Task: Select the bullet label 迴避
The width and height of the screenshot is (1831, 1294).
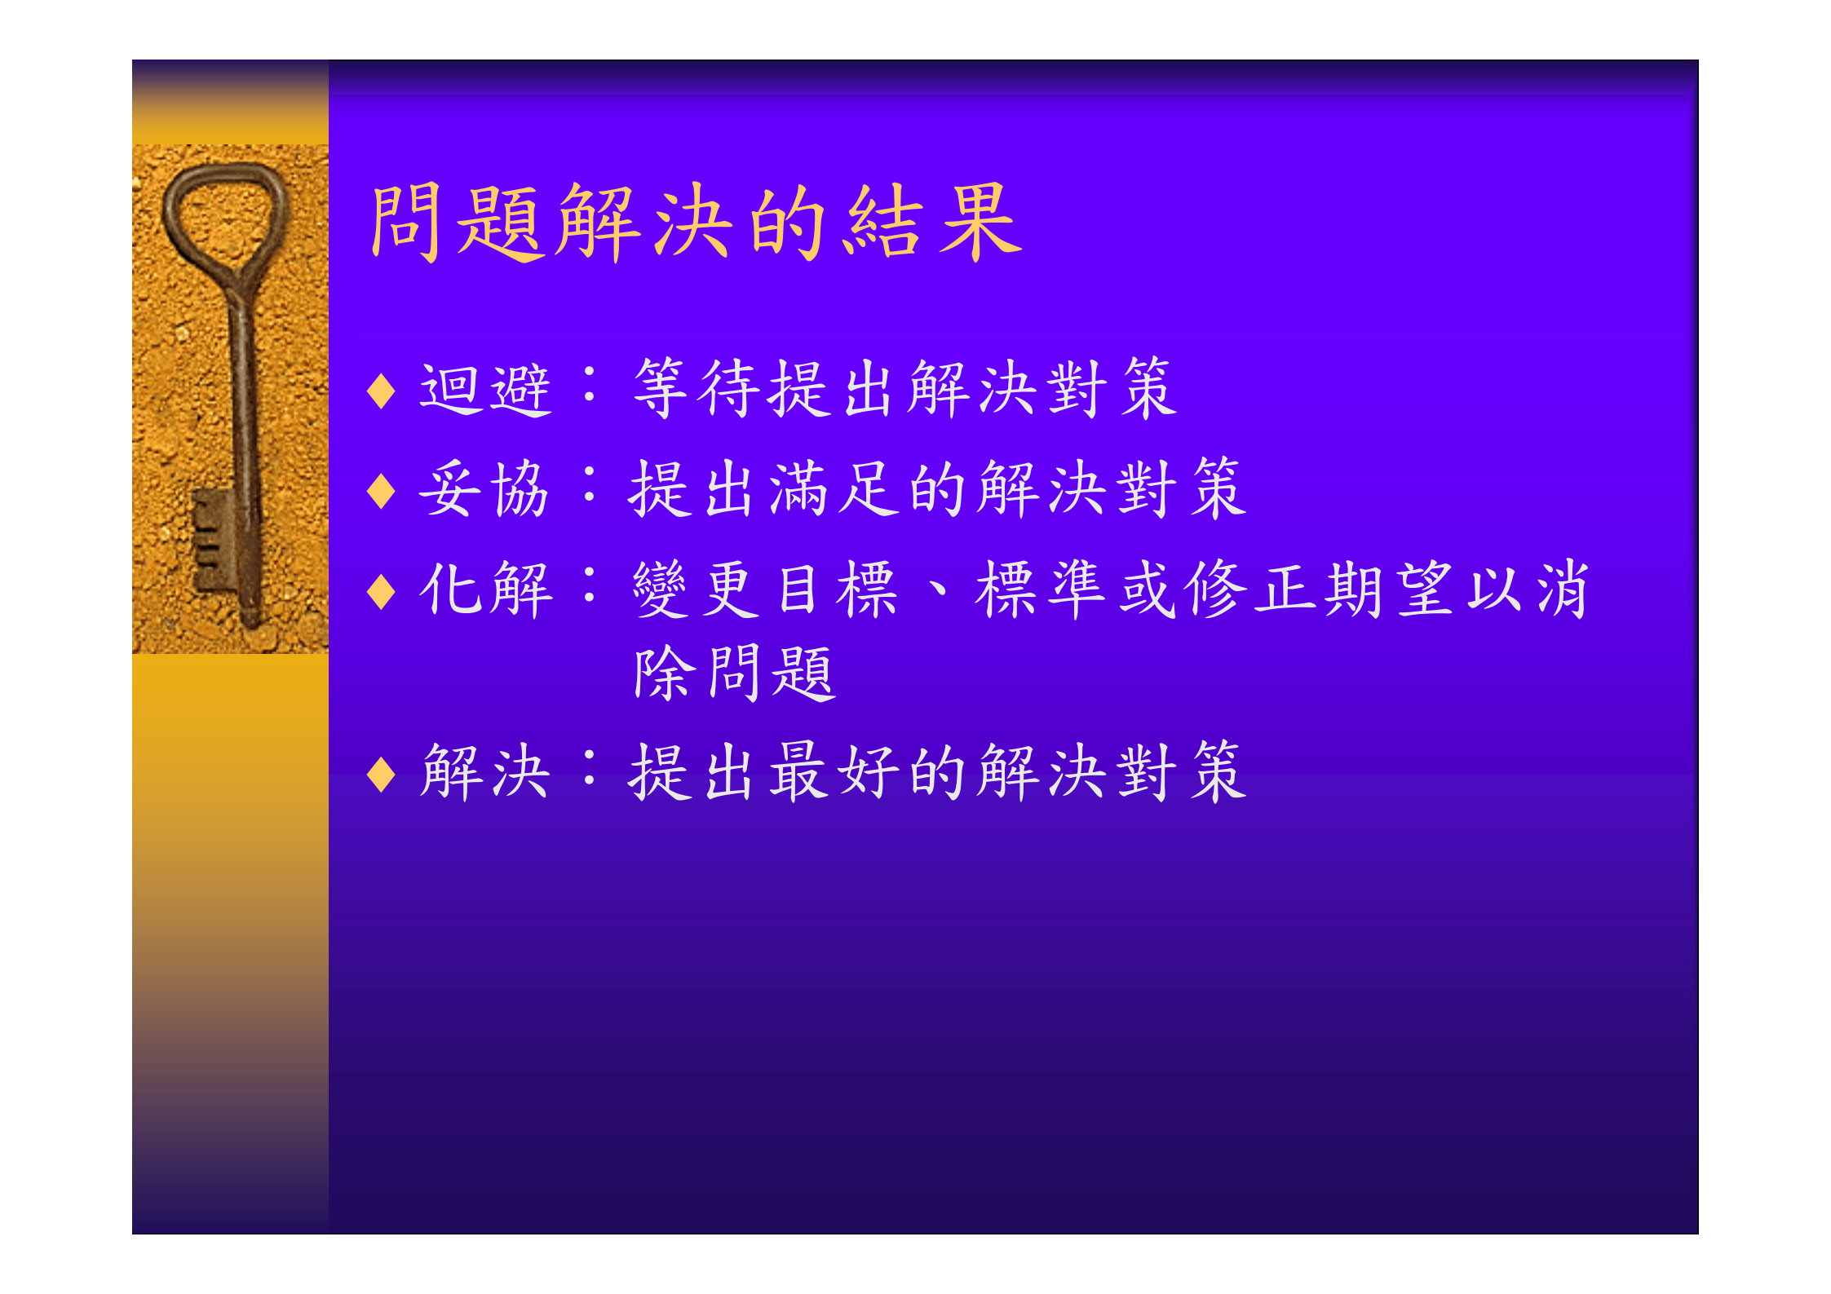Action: [x=485, y=390]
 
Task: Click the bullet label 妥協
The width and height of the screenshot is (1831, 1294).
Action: [x=484, y=489]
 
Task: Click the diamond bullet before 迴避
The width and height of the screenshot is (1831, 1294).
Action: [x=381, y=391]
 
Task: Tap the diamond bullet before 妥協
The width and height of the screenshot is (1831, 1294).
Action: [x=381, y=491]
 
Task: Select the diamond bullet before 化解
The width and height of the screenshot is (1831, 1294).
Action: [x=381, y=591]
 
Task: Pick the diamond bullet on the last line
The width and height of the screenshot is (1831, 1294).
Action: [x=381, y=774]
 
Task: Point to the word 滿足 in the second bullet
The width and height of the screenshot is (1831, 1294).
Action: [x=834, y=488]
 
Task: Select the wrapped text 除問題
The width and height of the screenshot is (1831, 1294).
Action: [x=734, y=673]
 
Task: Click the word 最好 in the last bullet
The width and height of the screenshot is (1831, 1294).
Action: [x=834, y=771]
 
